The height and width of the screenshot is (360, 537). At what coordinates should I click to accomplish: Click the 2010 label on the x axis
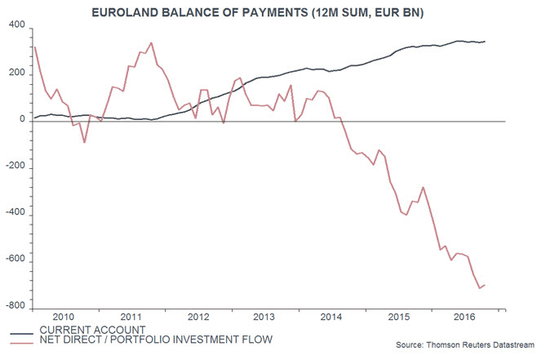[x=64, y=317]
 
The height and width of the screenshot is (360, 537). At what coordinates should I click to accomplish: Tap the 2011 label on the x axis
[x=131, y=317]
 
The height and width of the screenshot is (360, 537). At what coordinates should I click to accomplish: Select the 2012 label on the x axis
[x=199, y=317]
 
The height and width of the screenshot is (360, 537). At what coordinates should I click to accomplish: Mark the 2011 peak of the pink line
[x=151, y=42]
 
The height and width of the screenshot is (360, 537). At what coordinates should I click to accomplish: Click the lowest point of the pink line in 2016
[x=479, y=288]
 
